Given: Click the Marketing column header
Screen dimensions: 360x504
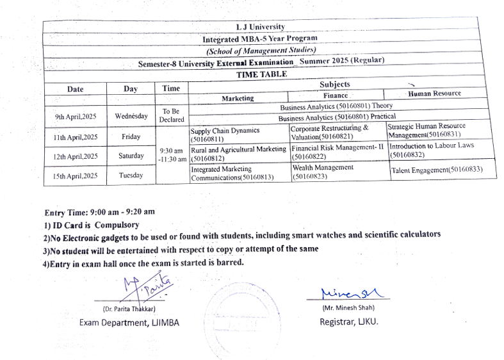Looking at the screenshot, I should [x=238, y=99].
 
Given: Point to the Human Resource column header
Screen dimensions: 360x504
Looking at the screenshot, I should [x=434, y=94].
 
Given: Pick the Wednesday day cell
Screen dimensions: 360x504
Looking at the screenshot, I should [x=131, y=117].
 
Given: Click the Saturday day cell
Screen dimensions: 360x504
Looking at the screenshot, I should [x=131, y=156].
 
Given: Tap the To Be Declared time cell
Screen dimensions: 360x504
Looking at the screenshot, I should [x=172, y=115].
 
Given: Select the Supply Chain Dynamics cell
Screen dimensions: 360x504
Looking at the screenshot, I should [x=225, y=134].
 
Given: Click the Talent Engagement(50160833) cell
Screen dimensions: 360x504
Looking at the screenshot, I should [x=436, y=170].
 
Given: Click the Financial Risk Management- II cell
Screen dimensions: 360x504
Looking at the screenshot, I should [x=338, y=152].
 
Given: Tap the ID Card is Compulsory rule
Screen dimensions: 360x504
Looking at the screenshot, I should [x=91, y=225].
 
